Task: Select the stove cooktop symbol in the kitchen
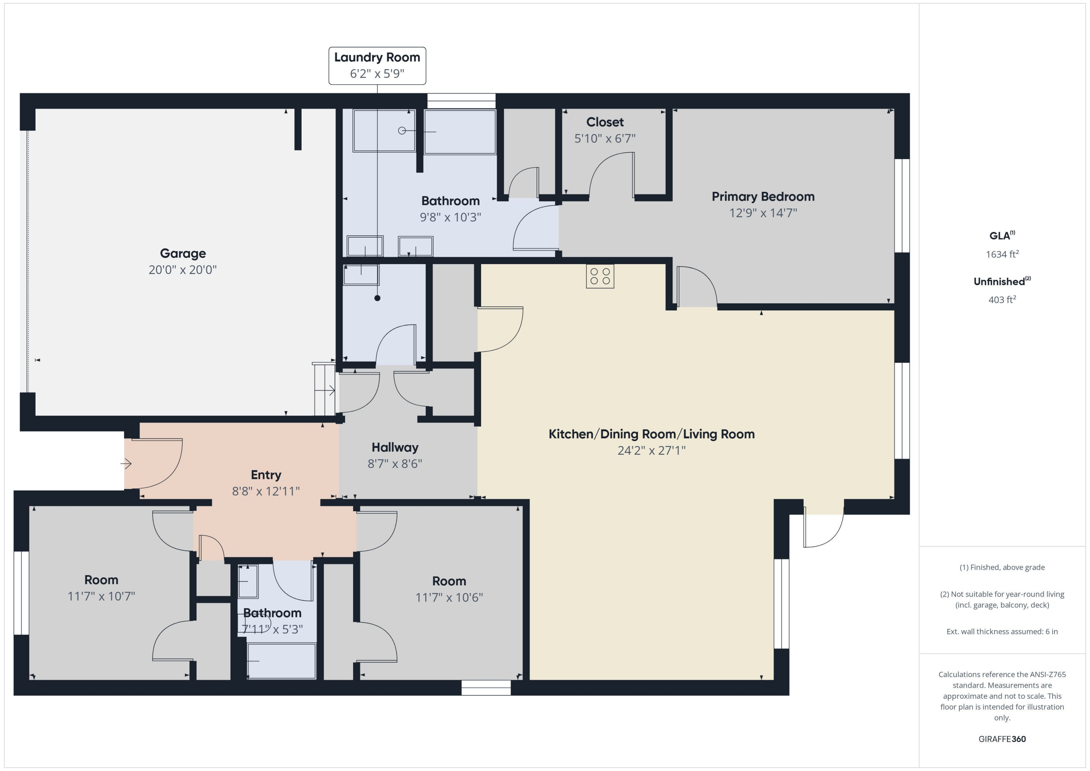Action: (599, 276)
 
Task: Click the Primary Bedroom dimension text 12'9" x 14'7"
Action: (763, 213)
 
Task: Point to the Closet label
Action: (605, 122)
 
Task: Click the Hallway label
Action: (395, 447)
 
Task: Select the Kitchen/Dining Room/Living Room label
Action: (651, 434)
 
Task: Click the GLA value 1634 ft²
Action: (1002, 254)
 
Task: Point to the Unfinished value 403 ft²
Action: (1002, 299)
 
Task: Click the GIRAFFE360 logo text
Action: (1002, 739)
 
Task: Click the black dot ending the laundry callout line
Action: (378, 298)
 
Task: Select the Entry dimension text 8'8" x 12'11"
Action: (266, 491)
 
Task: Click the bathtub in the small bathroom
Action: (282, 661)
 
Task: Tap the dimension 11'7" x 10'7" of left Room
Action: (101, 596)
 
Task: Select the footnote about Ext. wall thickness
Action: (1002, 631)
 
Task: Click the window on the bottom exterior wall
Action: (486, 687)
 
